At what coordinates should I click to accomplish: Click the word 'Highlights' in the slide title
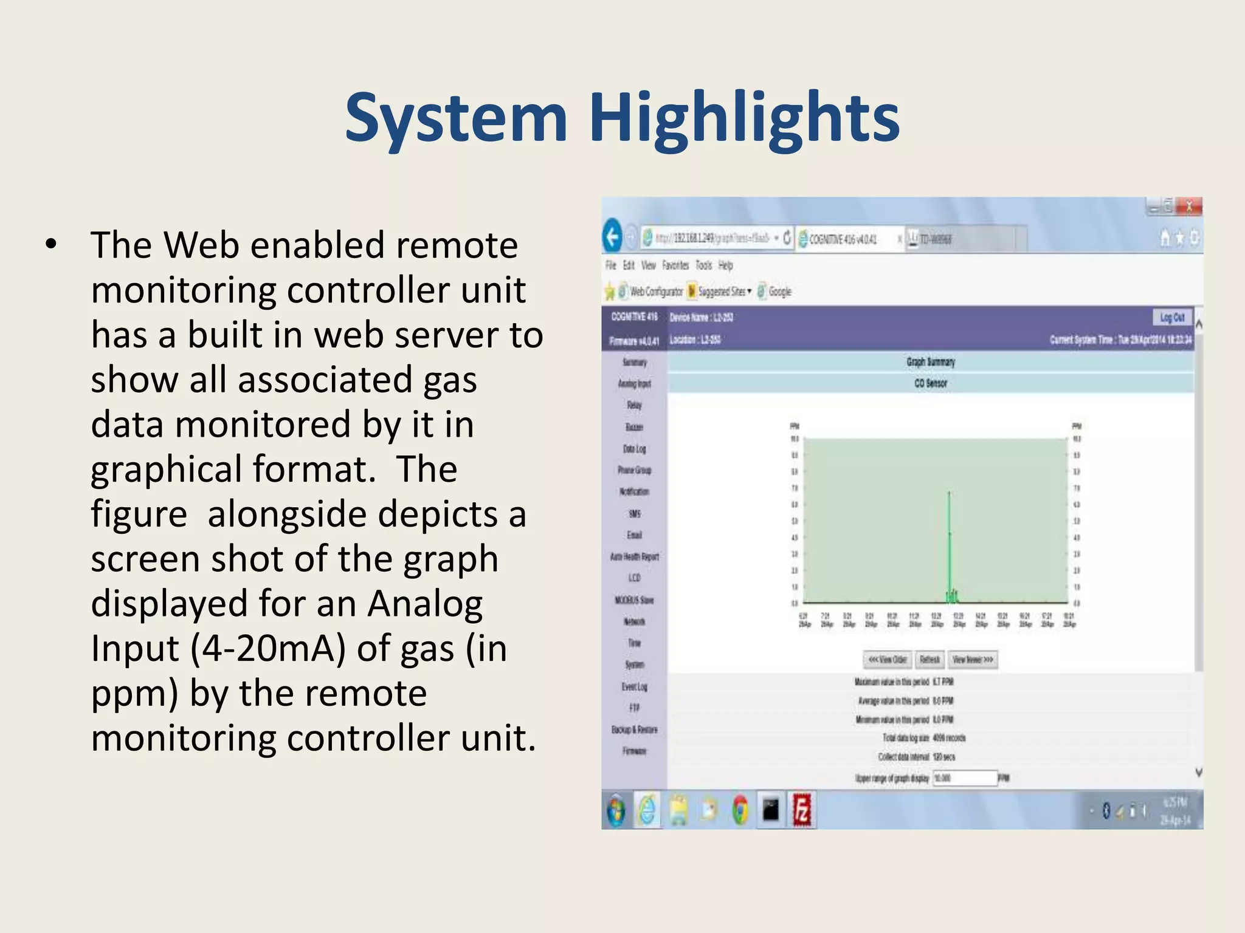pyautogui.click(x=744, y=117)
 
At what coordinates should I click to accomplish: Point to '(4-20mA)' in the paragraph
pyautogui.click(x=267, y=648)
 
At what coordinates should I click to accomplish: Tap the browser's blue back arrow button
pyautogui.click(x=613, y=237)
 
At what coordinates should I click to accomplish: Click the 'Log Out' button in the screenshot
pyautogui.click(x=1171, y=317)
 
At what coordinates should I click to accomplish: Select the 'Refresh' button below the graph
pyautogui.click(x=929, y=660)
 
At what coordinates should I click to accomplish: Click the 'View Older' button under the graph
pyautogui.click(x=888, y=660)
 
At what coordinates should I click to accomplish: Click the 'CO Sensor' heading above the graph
pyautogui.click(x=931, y=383)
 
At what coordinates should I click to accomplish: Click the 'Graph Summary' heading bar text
pyautogui.click(x=931, y=362)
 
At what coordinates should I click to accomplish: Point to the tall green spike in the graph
pyautogui.click(x=949, y=535)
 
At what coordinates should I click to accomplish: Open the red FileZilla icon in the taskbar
pyautogui.click(x=802, y=810)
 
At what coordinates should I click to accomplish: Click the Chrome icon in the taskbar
pyautogui.click(x=740, y=810)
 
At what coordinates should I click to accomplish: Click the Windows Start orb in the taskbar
pyautogui.click(x=616, y=810)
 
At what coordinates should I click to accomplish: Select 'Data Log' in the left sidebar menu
pyautogui.click(x=634, y=449)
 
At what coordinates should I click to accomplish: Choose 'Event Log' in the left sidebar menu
pyautogui.click(x=634, y=686)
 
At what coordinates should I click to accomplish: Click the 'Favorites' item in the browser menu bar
pyautogui.click(x=675, y=265)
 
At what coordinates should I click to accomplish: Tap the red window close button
pyautogui.click(x=1188, y=207)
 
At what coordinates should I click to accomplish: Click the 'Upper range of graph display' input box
pyautogui.click(x=965, y=778)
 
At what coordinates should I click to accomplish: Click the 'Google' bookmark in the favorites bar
pyautogui.click(x=779, y=292)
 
